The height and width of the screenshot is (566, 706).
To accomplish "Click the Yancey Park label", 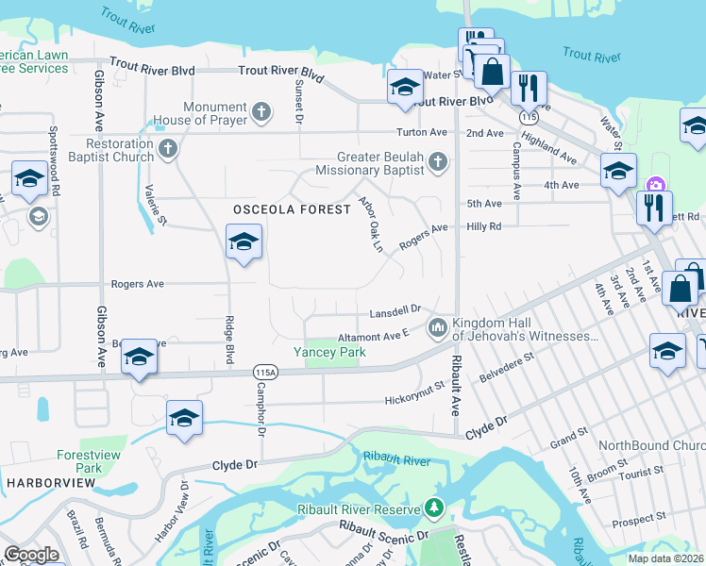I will pyautogui.click(x=328, y=352).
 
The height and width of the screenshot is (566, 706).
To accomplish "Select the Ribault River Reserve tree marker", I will pyautogui.click(x=434, y=508).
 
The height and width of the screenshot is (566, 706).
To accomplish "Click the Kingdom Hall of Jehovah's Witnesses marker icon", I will pyautogui.click(x=437, y=328).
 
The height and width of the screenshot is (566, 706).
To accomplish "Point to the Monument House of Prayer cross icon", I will pyautogui.click(x=261, y=113).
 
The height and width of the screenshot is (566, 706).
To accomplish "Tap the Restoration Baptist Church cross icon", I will pyautogui.click(x=168, y=148).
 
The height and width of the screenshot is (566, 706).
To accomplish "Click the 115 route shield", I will pyautogui.click(x=529, y=115).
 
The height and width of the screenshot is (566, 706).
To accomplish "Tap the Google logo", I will pyautogui.click(x=32, y=554).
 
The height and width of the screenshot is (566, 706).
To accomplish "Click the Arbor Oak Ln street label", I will pyautogui.click(x=371, y=224).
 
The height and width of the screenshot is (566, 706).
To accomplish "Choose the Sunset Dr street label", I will pyautogui.click(x=298, y=102).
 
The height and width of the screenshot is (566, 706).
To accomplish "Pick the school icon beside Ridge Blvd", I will pyautogui.click(x=244, y=242).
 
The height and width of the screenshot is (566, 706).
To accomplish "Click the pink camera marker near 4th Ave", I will pyautogui.click(x=653, y=184).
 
